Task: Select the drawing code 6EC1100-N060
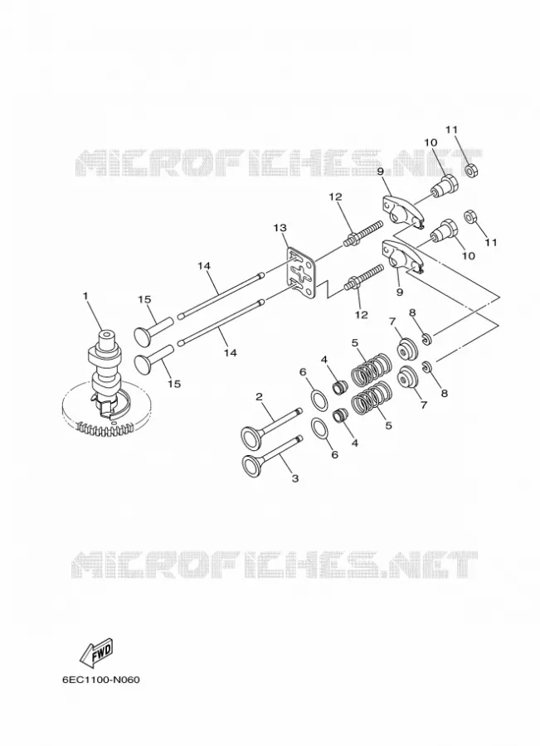(101, 680)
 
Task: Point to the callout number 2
(259, 396)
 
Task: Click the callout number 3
(294, 478)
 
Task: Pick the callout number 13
(280, 228)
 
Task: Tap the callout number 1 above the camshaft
(85, 296)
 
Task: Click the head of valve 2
(252, 436)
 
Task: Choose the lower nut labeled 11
(471, 216)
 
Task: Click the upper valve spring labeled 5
(372, 369)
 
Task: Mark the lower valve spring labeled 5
(372, 398)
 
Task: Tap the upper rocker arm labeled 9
(403, 207)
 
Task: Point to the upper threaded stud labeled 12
(362, 233)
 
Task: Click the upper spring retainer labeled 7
(408, 349)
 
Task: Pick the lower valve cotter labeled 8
(427, 367)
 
